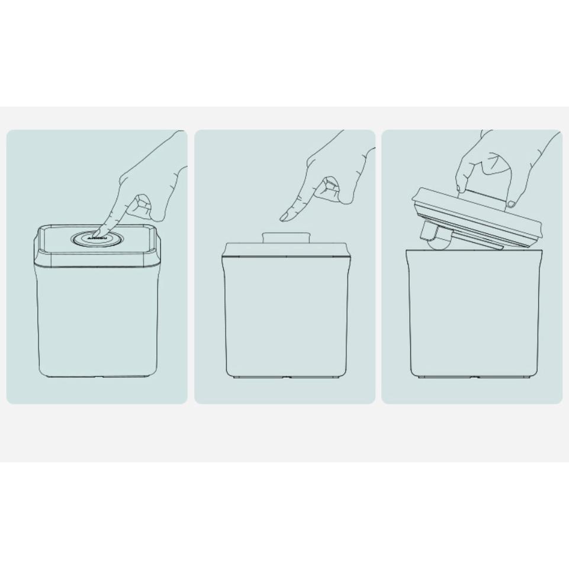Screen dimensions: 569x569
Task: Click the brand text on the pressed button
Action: click(93, 239)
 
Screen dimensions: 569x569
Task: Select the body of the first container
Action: click(98, 323)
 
